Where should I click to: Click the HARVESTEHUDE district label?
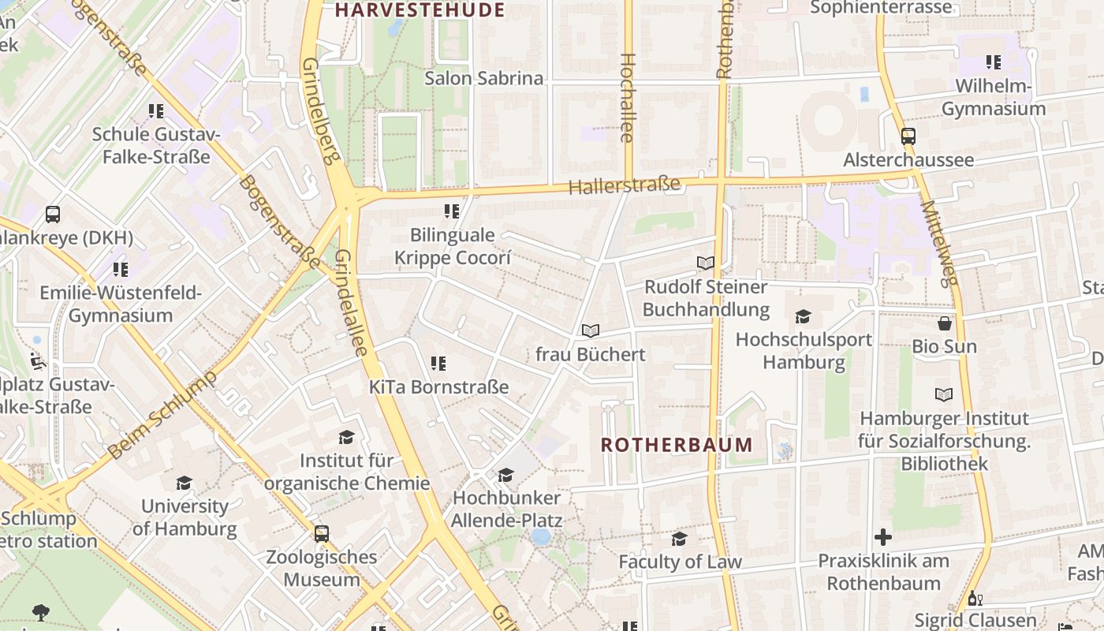coord(419,10)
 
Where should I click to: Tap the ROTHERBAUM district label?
coord(677,444)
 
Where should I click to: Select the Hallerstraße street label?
coord(624,186)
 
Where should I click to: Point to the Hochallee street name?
coord(628,98)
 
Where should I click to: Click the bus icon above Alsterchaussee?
coord(908,136)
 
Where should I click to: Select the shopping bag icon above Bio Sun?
coord(944,323)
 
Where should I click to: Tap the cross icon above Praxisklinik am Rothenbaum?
coord(883,538)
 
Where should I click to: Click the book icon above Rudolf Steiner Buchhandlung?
coord(705,263)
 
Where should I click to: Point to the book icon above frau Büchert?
coord(591,331)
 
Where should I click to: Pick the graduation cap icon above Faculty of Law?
coord(679,539)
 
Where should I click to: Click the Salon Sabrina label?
coord(484,78)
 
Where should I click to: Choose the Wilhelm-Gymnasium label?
coord(994,98)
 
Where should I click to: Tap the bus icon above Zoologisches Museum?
coord(321,534)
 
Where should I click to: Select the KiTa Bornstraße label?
coord(439,387)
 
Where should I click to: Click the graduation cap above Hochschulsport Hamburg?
coord(803,317)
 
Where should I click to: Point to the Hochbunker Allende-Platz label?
coord(507,509)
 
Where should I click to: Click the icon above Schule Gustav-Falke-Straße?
coord(156,111)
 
